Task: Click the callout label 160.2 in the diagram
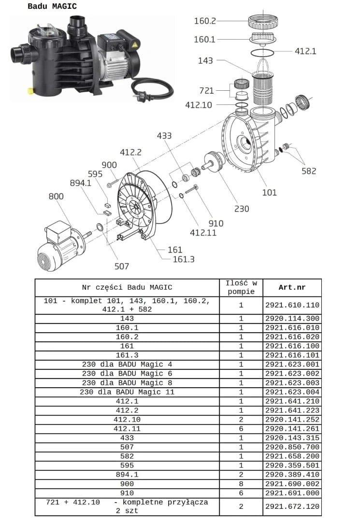[x=204, y=21]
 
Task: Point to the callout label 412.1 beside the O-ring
[x=305, y=51]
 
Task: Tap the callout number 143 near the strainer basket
[x=205, y=61]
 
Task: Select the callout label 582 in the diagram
[x=308, y=171]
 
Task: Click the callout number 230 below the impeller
[x=241, y=209]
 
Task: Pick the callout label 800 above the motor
[x=56, y=196]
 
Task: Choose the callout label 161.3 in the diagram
[x=184, y=260]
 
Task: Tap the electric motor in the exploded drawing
[x=58, y=246]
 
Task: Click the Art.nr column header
[x=292, y=287]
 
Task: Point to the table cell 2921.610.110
[x=292, y=305]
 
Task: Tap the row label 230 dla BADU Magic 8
[x=127, y=383]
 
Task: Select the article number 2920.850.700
[x=292, y=447]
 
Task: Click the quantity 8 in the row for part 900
[x=241, y=484]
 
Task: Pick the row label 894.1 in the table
[x=127, y=475]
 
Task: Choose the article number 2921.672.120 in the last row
[x=292, y=506]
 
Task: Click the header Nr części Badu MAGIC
[x=127, y=287]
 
